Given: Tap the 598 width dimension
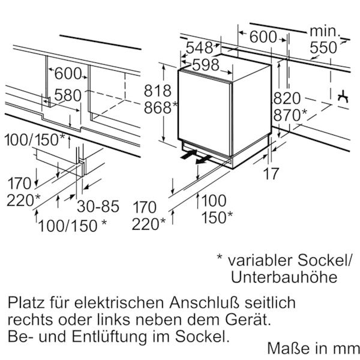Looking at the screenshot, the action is (x=206, y=65).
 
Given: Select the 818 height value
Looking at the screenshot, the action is (x=157, y=91).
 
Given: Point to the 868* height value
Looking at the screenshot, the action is (x=160, y=107).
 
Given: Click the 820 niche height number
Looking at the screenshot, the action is (x=287, y=98).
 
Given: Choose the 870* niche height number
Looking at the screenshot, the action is (x=290, y=115).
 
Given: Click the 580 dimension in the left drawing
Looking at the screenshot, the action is (x=68, y=95).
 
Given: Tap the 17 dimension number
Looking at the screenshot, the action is (x=271, y=173).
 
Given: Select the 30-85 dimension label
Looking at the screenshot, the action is (x=98, y=206).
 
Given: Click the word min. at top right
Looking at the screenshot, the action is (x=325, y=31).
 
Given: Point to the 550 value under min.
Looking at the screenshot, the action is (x=323, y=47).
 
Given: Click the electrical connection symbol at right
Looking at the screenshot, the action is (x=343, y=97).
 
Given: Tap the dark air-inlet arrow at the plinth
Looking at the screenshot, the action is (x=189, y=154).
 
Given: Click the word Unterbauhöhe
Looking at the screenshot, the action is (x=284, y=277).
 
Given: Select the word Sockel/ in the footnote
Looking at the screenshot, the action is (x=325, y=260).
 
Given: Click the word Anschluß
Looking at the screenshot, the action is (x=204, y=302).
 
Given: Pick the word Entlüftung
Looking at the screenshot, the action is (x=109, y=337).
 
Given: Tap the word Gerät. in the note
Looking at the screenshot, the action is (x=247, y=319).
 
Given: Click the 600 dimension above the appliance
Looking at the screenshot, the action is (x=263, y=37).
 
